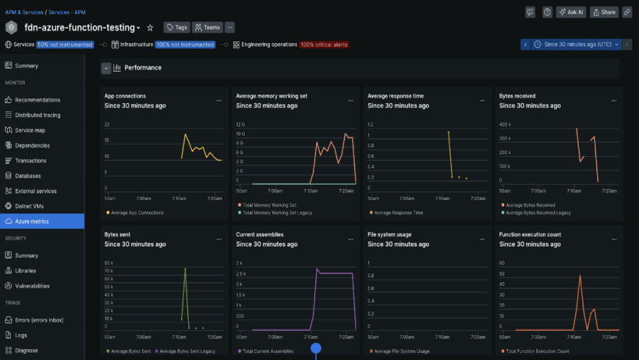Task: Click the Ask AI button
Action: click(571, 12)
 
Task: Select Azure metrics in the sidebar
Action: click(32, 222)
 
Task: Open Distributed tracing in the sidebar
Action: click(38, 115)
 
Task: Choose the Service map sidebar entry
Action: click(30, 130)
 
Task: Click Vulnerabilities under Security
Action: click(33, 286)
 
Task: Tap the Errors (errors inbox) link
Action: click(39, 320)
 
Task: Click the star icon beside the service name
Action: click(150, 28)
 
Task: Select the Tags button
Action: click(177, 28)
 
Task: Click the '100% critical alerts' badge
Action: click(323, 45)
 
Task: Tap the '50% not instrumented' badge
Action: click(65, 45)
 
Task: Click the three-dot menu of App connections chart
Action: click(219, 101)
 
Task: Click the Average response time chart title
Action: click(395, 96)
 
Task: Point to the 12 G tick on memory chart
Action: click(239, 124)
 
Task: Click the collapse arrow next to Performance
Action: click(106, 68)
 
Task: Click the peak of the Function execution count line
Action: click(580, 276)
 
